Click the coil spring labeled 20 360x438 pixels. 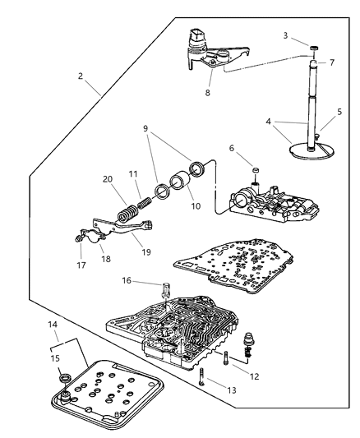tap(127, 215)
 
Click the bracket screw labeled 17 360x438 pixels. tap(77, 241)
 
